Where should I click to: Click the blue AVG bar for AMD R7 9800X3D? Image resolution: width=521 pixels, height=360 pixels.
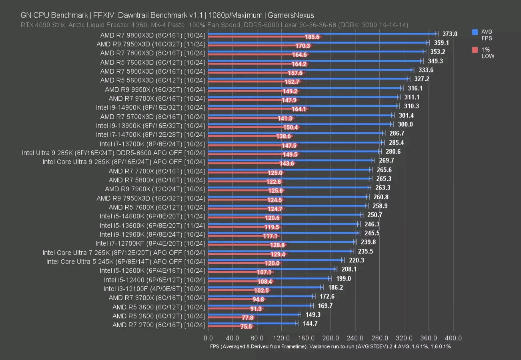coord(320,33)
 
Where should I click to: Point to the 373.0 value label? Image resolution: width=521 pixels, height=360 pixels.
coord(449,34)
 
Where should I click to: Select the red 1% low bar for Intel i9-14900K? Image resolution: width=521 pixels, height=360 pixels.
coord(256,109)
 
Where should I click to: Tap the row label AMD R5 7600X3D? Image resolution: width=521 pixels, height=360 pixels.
coord(152,62)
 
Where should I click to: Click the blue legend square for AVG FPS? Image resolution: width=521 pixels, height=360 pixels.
coord(475,32)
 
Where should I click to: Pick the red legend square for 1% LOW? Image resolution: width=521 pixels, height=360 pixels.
coord(475,50)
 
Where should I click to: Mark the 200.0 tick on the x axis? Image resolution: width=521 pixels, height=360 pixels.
coord(331,338)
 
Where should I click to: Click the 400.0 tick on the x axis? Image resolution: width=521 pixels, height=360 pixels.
coord(453,338)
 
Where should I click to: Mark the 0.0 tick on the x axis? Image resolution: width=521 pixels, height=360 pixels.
coord(208,338)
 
